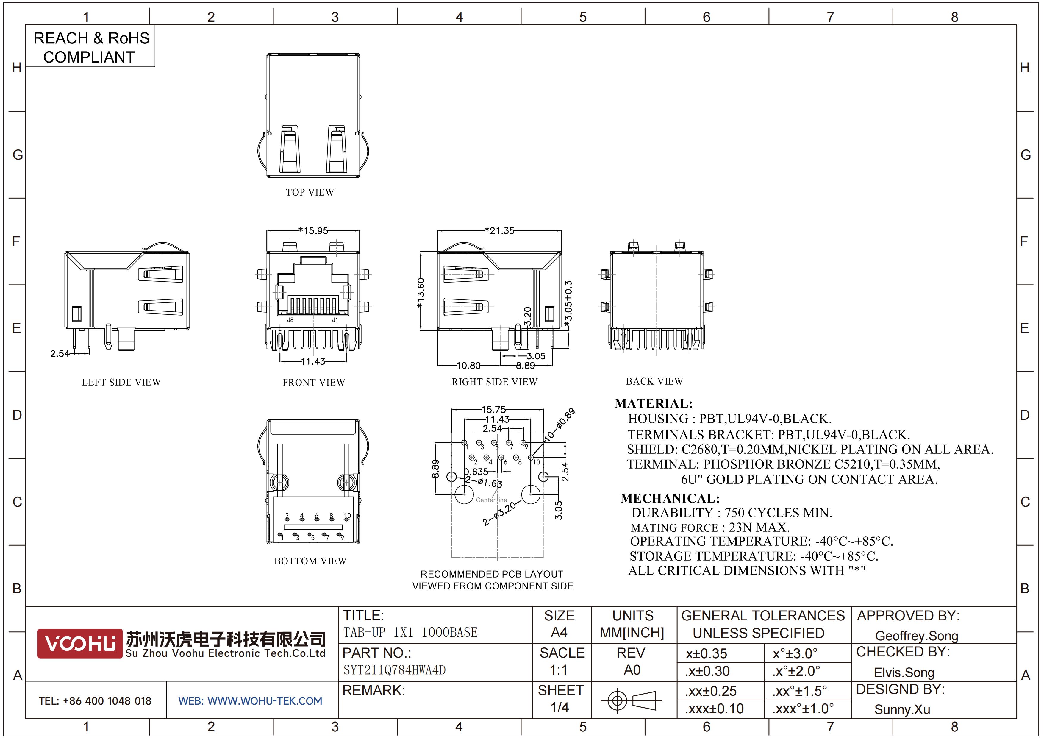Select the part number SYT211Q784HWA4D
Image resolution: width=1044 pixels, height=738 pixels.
[394, 670]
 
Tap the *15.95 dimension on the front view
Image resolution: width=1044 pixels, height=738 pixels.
[313, 230]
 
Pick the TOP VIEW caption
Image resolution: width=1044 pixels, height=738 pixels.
[310, 192]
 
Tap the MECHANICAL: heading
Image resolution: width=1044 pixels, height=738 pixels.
[670, 498]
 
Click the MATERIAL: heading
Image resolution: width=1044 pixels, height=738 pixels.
[654, 403]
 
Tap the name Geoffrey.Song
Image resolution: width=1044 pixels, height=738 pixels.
[917, 636]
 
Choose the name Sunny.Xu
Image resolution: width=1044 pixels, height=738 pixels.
[902, 709]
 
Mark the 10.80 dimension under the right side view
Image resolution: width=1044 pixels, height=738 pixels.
[468, 366]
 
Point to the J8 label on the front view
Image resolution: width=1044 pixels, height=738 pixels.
[290, 320]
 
